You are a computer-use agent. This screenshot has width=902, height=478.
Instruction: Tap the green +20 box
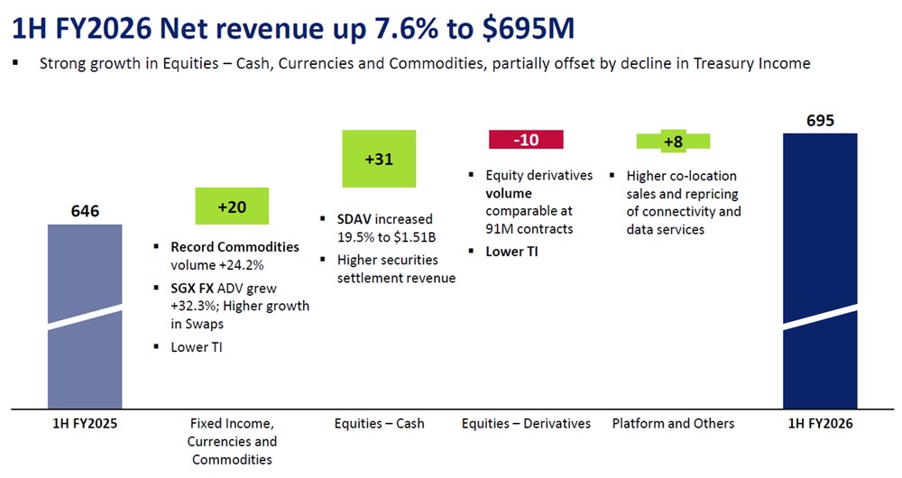pyautogui.click(x=232, y=207)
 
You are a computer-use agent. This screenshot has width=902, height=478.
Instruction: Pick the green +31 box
pyautogui.click(x=379, y=159)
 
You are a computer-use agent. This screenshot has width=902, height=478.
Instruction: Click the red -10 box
pyautogui.click(x=526, y=140)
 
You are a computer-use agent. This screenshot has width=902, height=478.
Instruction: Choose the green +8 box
pyautogui.click(x=673, y=142)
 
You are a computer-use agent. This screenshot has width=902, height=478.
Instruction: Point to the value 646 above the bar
pyautogui.click(x=84, y=212)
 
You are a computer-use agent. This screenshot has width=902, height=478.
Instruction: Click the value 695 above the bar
pyautogui.click(x=820, y=121)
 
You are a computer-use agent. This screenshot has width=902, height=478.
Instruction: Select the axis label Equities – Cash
pyautogui.click(x=379, y=423)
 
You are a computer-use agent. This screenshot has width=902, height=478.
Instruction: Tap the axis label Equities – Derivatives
pyautogui.click(x=526, y=423)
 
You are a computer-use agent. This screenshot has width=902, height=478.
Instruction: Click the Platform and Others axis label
pyautogui.click(x=673, y=423)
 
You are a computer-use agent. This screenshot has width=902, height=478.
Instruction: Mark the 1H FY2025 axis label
pyautogui.click(x=84, y=423)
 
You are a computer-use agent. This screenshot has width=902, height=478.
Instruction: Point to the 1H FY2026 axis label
pyautogui.click(x=820, y=423)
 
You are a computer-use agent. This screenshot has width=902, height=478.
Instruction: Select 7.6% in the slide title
pyautogui.click(x=401, y=30)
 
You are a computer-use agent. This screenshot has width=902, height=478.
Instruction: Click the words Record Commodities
pyautogui.click(x=235, y=247)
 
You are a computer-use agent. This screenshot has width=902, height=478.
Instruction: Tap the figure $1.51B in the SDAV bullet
pyautogui.click(x=410, y=237)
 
